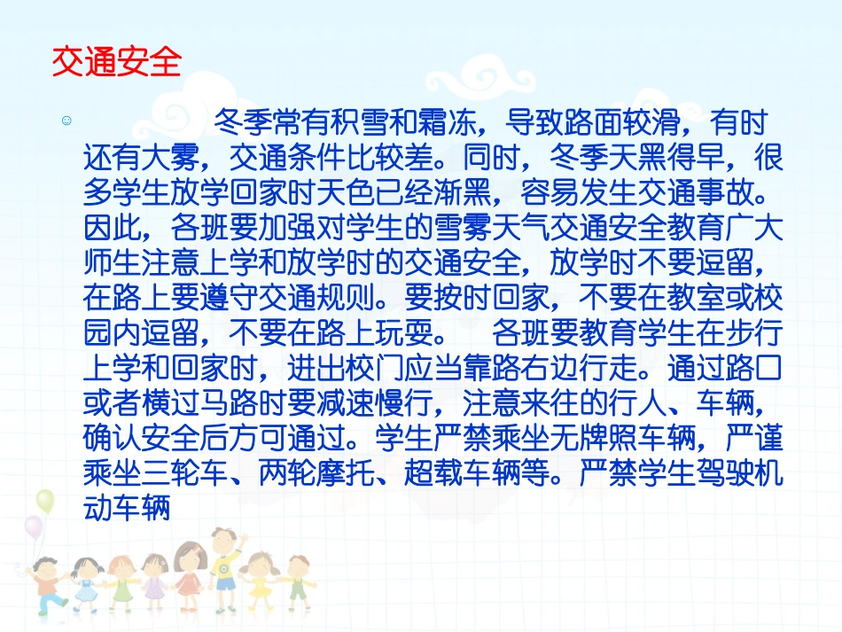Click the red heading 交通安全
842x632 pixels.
(116, 63)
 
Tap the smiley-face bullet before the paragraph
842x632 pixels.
(66, 121)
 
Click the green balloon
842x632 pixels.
(45, 501)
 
